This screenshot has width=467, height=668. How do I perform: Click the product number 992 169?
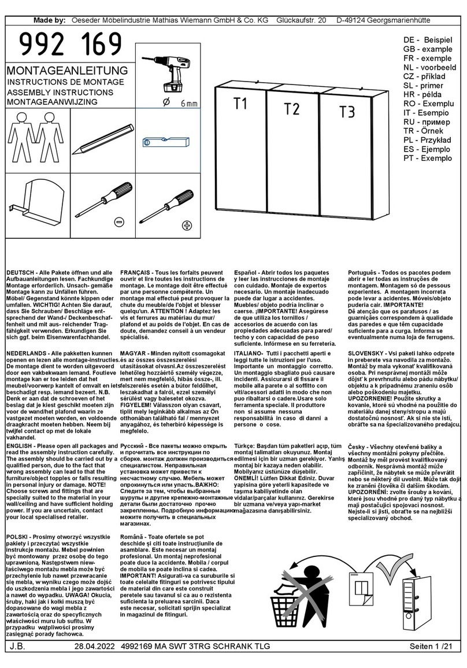pos(71,45)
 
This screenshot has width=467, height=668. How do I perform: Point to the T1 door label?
pos(240,104)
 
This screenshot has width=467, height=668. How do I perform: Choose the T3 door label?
pos(347,112)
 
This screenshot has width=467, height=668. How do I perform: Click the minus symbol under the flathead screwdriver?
pos(118,222)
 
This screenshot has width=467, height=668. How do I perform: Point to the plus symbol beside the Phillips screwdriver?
pos(187,225)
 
